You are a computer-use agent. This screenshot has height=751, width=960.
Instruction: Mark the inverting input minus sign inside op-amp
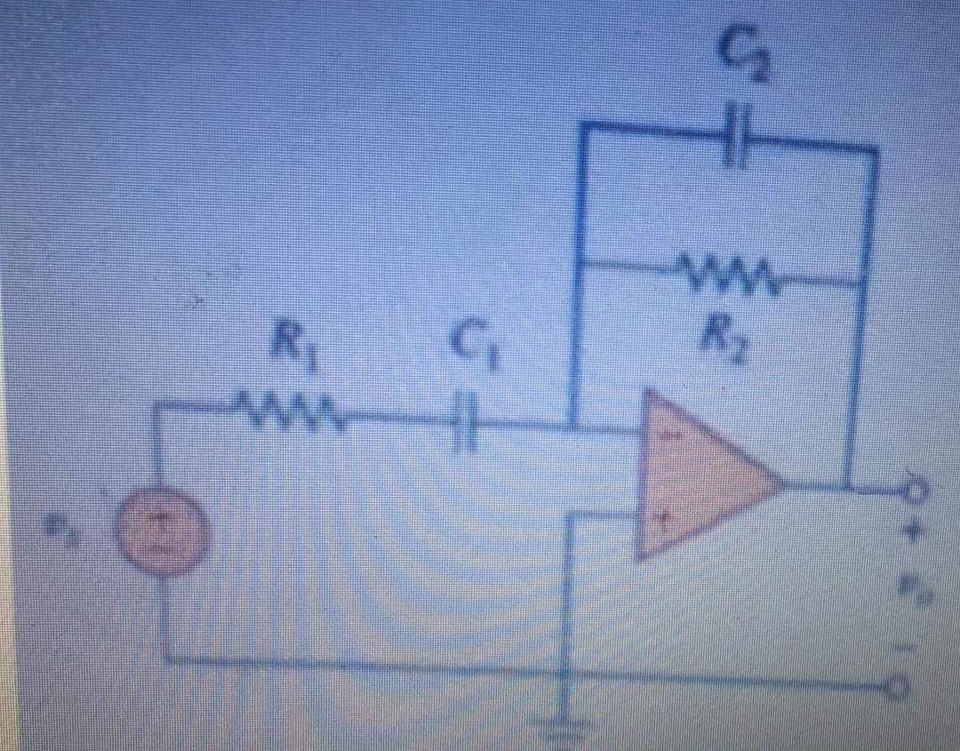click(x=668, y=436)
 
